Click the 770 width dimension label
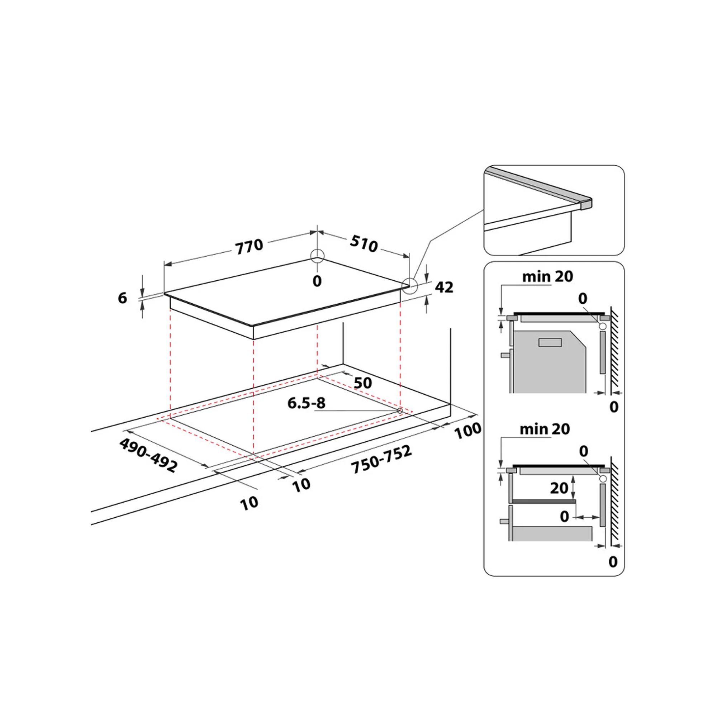(x=250, y=246)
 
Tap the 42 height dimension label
(x=444, y=287)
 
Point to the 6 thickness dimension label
(x=123, y=298)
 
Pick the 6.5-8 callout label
(x=307, y=403)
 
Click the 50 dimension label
(x=362, y=383)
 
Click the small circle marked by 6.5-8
(x=400, y=410)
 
